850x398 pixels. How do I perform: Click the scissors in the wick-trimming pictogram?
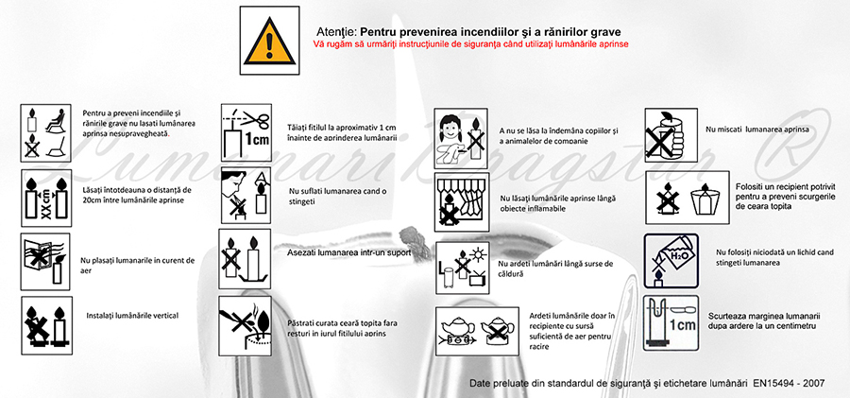[255, 119]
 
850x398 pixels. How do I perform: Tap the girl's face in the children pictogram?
[450, 130]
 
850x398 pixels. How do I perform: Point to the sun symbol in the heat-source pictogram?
[477, 253]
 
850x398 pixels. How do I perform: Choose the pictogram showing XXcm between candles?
[46, 198]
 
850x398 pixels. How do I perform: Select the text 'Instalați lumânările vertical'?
[132, 316]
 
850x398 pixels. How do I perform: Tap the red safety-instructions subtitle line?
[470, 44]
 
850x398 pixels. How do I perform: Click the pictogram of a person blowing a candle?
[246, 195]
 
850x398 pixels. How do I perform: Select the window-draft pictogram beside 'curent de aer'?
[45, 262]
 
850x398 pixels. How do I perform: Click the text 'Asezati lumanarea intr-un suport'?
[349, 252]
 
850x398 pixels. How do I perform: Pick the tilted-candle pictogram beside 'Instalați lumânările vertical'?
[46, 325]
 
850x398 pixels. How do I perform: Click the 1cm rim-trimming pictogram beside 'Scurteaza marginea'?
[671, 322]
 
